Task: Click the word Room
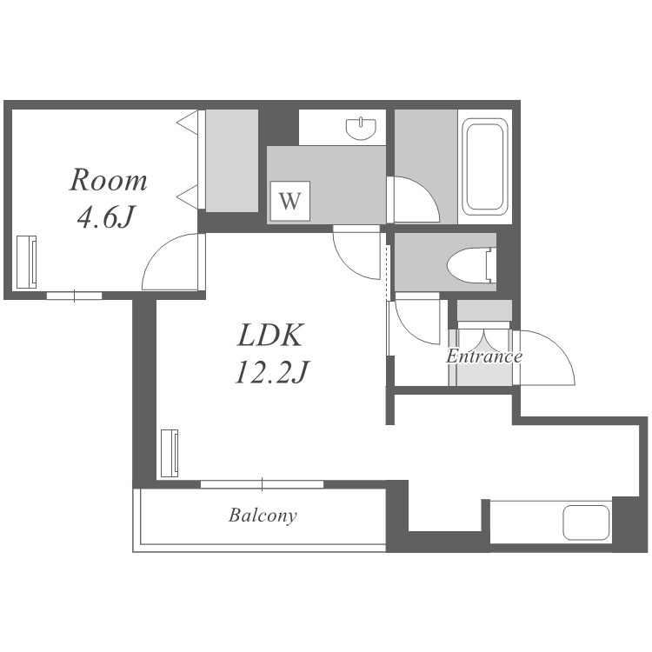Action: coord(108,181)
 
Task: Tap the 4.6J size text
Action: coord(104,216)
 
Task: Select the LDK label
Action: coord(269,335)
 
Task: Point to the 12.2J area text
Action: coord(271,372)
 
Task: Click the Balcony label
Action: coord(263,516)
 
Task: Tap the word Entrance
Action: coord(483,356)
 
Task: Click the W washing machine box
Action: coord(289,202)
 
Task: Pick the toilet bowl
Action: coord(469,263)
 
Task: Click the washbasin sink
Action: coord(361,129)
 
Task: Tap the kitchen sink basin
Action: coord(587,522)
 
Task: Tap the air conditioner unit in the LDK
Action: coord(169,452)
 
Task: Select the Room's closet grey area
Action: coord(232,161)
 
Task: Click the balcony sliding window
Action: coord(262,483)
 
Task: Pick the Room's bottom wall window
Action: coord(74,296)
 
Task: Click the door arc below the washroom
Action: coord(356,252)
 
